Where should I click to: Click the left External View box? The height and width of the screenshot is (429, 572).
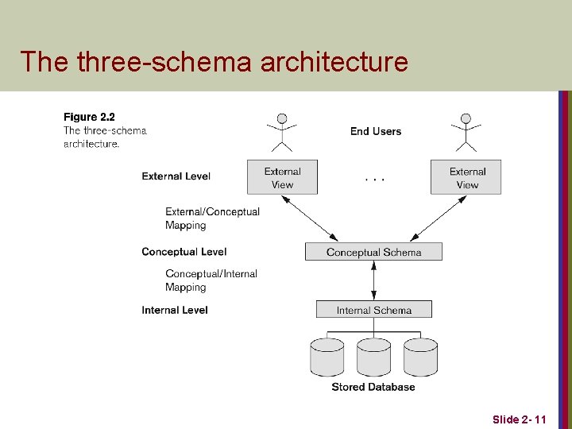pos(282,177)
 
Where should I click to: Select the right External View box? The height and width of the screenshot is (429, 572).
pos(466,177)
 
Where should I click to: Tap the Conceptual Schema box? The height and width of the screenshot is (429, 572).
pos(373,252)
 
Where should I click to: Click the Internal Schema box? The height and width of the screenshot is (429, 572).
pos(373,310)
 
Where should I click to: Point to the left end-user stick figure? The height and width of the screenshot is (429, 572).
pos(281,132)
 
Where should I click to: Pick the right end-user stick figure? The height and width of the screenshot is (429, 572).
pos(466,132)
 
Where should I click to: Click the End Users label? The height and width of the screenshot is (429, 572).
pos(376,131)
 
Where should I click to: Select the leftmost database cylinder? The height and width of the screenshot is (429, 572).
pos(327,357)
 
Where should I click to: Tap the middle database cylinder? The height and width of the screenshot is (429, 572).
pos(373,357)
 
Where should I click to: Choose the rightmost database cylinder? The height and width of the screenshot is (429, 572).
pos(420,357)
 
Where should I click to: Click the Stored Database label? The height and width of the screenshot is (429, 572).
pos(373,387)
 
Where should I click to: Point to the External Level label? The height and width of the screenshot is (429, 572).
pos(176,176)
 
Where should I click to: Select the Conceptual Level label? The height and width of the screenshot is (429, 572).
pos(184,252)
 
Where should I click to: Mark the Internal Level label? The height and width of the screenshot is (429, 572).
pos(175,310)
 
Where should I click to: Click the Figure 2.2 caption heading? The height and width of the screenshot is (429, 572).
pos(89,118)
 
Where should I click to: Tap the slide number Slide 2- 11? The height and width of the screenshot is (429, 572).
pos(519,419)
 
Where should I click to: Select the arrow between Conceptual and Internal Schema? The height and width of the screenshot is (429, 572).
pos(374,280)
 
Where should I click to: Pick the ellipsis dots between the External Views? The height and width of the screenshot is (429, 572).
pos(375,180)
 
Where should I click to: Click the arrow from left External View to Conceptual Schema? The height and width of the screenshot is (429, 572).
pos(310,218)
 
